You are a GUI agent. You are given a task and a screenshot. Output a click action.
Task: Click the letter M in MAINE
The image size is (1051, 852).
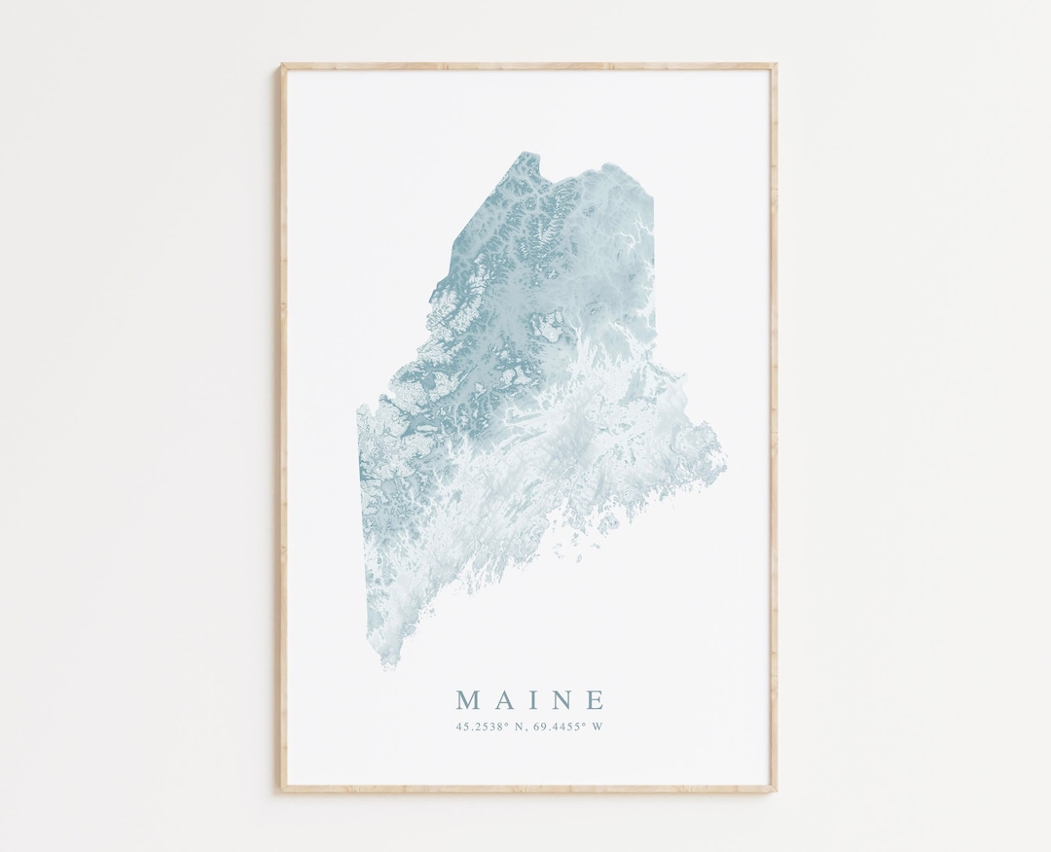468,700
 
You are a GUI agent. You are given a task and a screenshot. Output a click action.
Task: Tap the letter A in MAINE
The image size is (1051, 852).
503,700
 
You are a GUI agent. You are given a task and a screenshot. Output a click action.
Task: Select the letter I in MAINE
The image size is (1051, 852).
531,700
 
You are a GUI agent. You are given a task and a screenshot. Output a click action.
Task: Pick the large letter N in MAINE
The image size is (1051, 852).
561,700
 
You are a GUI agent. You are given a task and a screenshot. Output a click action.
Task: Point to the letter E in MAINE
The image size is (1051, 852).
596,700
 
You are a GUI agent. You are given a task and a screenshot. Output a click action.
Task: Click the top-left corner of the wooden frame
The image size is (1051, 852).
283,66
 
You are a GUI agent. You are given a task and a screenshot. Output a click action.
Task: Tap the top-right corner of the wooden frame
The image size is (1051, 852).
775,66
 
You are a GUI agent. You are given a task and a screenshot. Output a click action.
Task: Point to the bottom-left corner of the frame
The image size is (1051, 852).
283,790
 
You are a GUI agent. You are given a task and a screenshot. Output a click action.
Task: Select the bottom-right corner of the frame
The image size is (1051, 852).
775,790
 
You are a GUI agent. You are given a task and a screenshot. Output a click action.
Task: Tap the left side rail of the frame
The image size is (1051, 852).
283,428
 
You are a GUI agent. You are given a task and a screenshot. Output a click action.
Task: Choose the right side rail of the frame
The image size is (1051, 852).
775,428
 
